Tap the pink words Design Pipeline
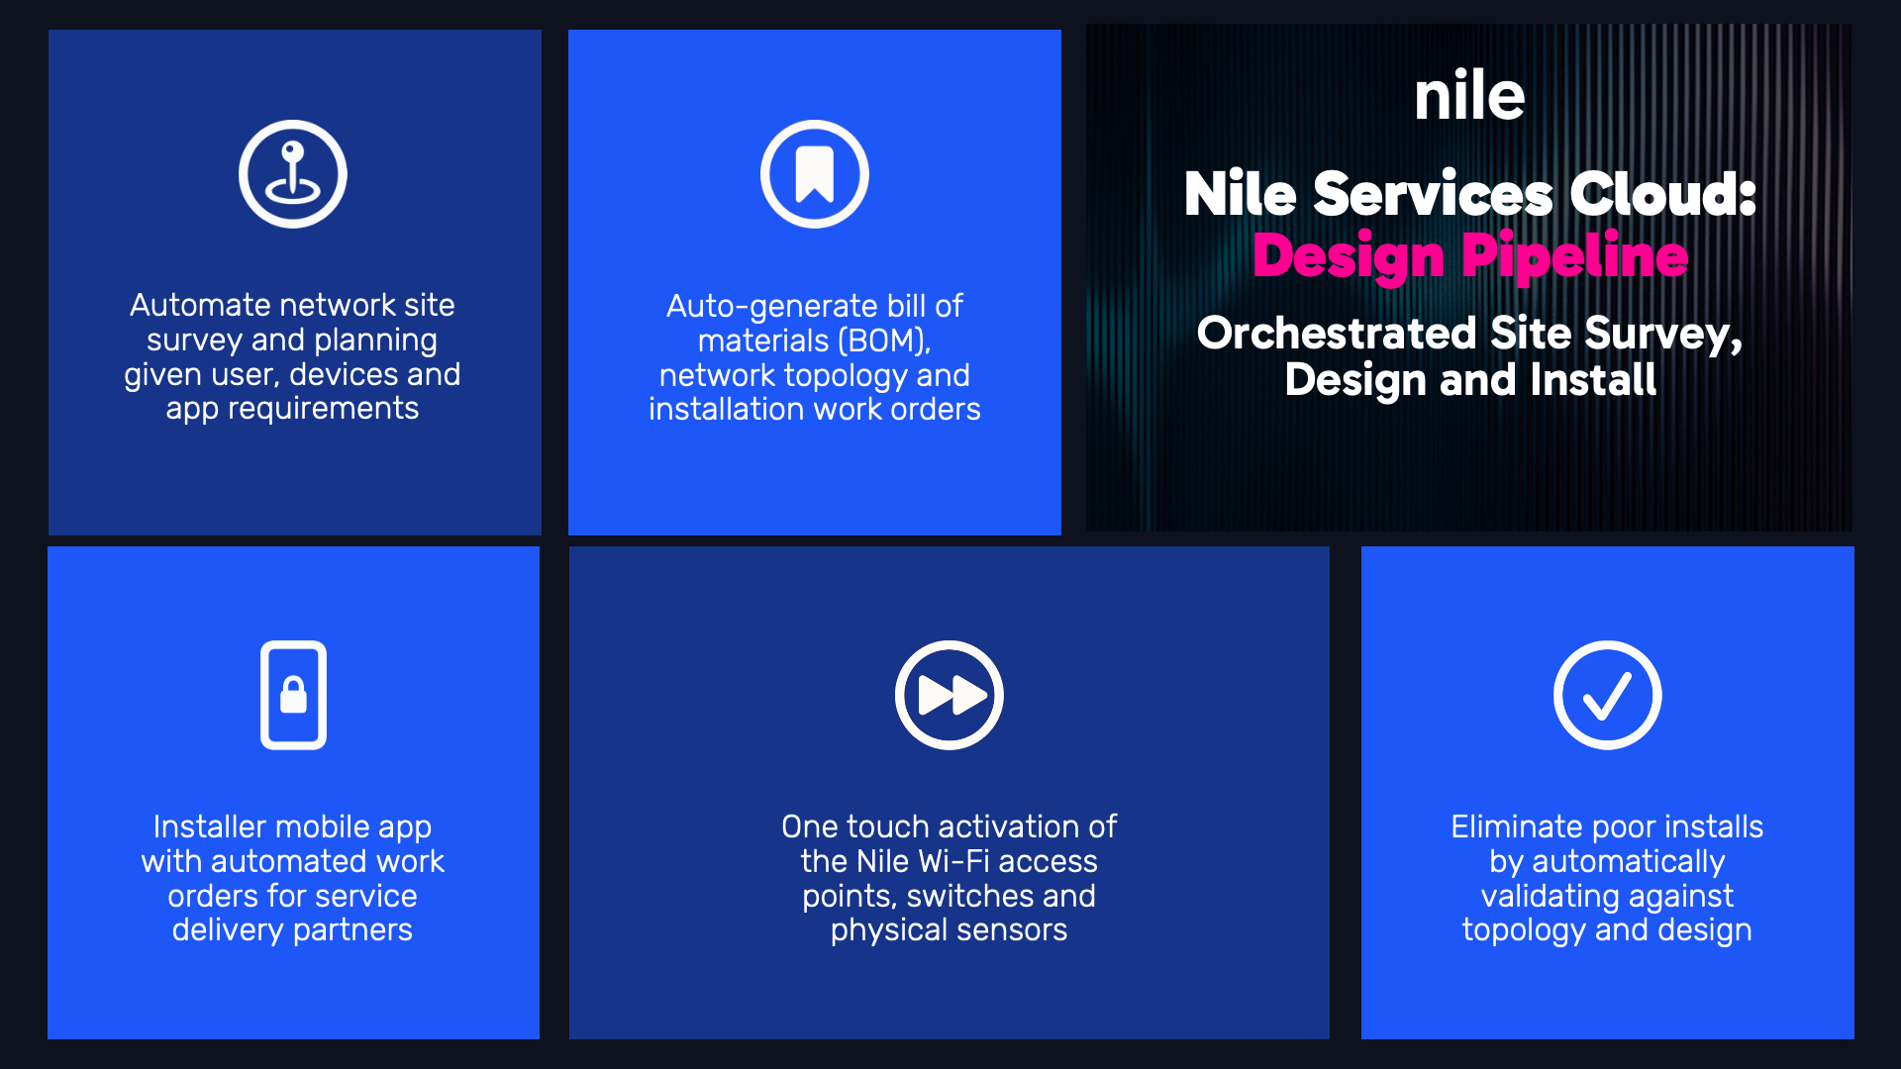pos(1470,256)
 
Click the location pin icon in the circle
pos(293,174)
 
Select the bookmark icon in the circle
pos(815,174)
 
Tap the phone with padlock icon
pos(293,695)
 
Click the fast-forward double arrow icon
pos(950,695)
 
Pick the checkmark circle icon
pos(1608,695)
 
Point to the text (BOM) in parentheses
pos(884,341)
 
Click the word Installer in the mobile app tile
pos(210,826)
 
